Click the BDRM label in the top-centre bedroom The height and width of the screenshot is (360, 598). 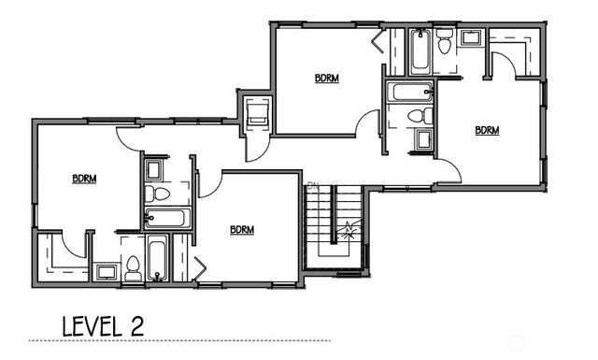click(326, 79)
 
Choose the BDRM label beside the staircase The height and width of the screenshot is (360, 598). click(242, 229)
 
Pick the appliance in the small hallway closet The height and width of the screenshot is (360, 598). click(255, 114)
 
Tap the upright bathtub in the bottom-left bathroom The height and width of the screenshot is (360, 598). click(157, 259)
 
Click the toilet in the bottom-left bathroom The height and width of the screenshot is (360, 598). click(133, 266)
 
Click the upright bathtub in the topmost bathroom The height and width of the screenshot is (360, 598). click(418, 52)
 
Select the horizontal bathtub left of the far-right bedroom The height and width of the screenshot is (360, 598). click(410, 93)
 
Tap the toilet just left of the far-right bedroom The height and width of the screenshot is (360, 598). click(420, 116)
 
